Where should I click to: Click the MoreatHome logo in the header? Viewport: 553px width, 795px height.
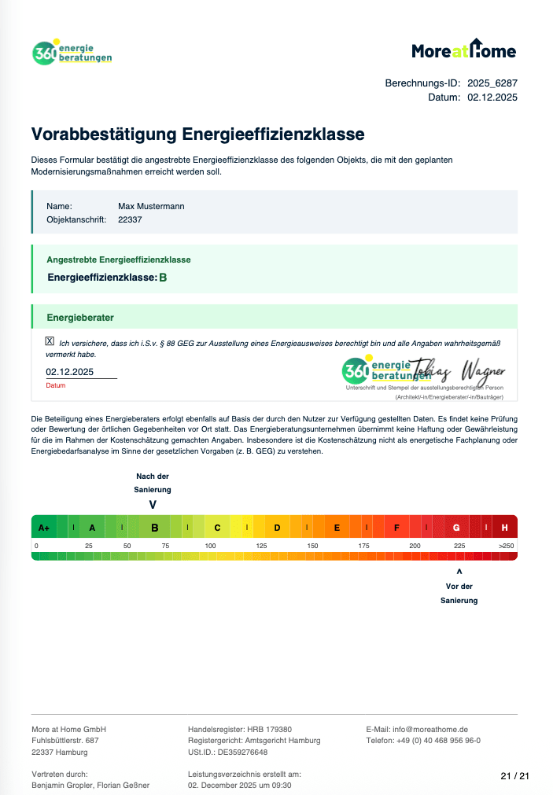[x=464, y=50]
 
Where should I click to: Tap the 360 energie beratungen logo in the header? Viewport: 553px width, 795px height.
[x=72, y=53]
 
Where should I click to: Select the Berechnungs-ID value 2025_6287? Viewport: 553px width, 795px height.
[x=492, y=83]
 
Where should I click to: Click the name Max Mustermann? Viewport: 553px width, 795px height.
[x=151, y=206]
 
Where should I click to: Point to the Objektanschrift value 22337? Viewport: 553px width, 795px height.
[x=130, y=220]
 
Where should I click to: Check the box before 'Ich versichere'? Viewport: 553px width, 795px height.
[x=50, y=341]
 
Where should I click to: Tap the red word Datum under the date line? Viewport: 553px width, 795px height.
[x=55, y=386]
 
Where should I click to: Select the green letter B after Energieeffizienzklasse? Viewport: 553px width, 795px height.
[x=163, y=278]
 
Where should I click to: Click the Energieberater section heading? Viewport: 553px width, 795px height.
[x=80, y=318]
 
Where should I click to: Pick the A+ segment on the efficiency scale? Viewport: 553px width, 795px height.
[x=44, y=528]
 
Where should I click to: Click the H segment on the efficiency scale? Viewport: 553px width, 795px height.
[x=504, y=528]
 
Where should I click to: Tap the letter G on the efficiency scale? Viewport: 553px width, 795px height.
[x=456, y=528]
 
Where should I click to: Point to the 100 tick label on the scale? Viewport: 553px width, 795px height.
[x=210, y=546]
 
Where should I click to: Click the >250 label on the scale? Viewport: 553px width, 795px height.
[x=506, y=546]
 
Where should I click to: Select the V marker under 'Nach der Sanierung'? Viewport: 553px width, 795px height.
[x=153, y=504]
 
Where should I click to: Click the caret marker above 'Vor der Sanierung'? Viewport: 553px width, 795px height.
[x=459, y=572]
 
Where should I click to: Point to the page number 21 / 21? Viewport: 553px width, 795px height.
[x=515, y=776]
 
